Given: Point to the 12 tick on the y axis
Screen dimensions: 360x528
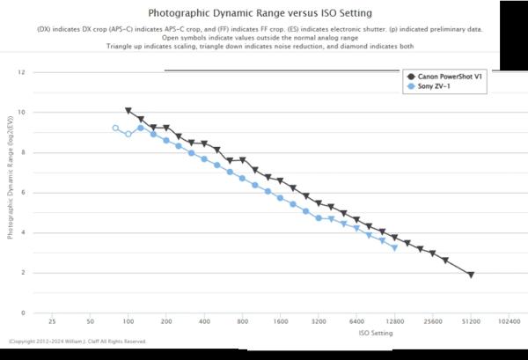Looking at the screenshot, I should (x=22, y=72).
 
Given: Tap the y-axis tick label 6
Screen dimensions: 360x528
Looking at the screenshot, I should (x=23, y=193).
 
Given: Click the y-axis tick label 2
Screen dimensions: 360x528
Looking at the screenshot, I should (x=23, y=273).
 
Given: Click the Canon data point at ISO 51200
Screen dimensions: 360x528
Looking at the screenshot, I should (x=471, y=275).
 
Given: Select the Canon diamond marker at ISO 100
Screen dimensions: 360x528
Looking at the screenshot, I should (x=128, y=111).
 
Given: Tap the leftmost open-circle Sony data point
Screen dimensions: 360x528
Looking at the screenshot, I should (x=115, y=129).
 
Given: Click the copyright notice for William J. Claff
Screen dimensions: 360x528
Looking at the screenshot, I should (x=77, y=342).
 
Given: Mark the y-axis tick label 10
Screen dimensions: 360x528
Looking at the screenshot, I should (x=22, y=113).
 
